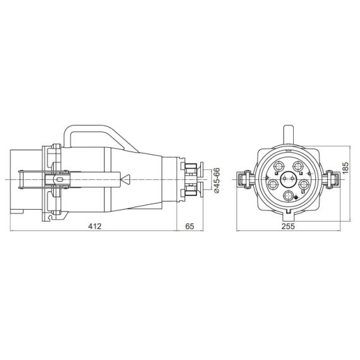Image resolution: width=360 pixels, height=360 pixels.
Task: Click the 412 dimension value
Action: [95, 226]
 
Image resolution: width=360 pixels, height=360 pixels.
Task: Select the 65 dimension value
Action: [189, 226]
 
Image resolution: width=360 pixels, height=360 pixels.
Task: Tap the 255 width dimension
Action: [288, 226]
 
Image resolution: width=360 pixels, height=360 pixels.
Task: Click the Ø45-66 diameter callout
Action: [216, 181]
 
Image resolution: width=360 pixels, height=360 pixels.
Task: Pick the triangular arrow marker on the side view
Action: [126, 179]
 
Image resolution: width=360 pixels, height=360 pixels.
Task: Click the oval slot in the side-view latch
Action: [60, 179]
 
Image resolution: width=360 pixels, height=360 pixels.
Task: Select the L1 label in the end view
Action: [303, 191]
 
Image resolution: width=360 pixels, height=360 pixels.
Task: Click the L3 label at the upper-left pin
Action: [276, 173]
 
